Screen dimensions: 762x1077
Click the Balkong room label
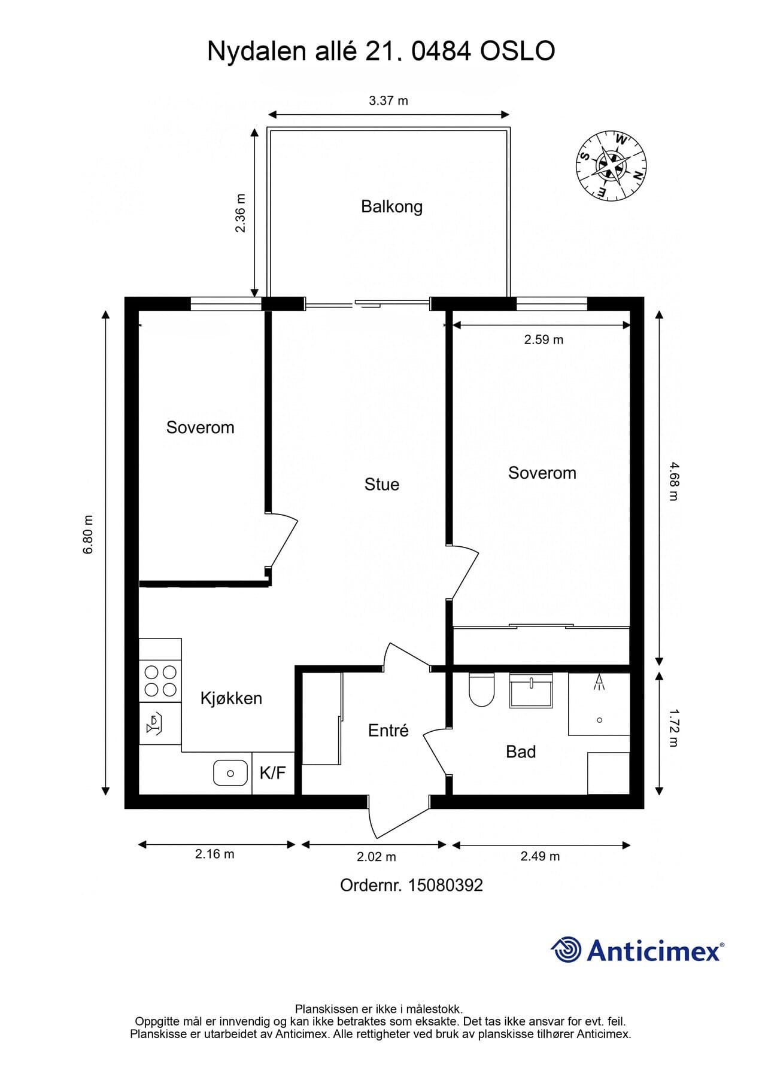(x=391, y=207)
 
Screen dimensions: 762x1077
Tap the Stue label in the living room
(x=381, y=484)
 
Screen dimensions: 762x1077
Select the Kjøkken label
(x=231, y=698)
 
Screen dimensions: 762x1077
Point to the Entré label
(x=388, y=730)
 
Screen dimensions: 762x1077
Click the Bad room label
(x=521, y=752)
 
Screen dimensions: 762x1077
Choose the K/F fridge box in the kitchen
(x=273, y=773)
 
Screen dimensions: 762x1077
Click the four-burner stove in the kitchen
(x=160, y=681)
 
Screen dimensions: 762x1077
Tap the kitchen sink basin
(x=230, y=773)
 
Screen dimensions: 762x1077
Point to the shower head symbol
(x=599, y=682)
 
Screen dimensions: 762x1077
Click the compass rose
(x=611, y=164)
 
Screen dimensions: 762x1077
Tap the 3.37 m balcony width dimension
(x=388, y=101)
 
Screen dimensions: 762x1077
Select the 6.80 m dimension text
(x=88, y=534)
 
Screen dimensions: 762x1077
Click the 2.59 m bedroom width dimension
(x=544, y=339)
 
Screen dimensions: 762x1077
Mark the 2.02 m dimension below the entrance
(x=377, y=857)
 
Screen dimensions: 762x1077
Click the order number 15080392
(x=445, y=885)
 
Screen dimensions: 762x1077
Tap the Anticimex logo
(x=637, y=950)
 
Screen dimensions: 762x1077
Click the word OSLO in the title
(x=518, y=51)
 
